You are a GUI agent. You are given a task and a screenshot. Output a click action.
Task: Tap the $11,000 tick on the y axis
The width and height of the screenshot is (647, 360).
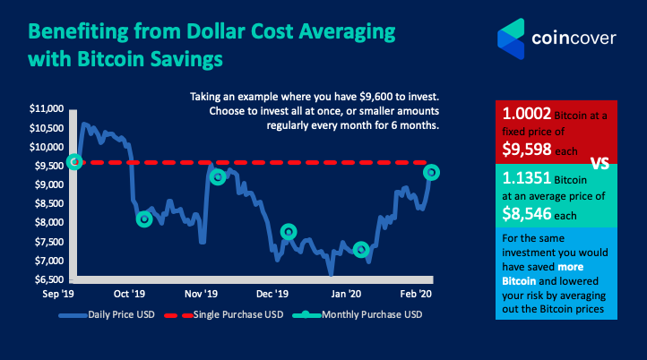(46, 108)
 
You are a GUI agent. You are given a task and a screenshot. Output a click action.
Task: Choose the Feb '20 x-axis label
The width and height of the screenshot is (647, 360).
(416, 293)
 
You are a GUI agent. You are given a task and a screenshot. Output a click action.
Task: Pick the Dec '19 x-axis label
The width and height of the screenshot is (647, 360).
(272, 293)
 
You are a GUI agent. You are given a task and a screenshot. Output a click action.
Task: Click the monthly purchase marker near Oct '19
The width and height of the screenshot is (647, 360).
(144, 219)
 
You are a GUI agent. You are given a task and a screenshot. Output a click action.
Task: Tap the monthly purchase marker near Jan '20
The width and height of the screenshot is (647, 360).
(361, 249)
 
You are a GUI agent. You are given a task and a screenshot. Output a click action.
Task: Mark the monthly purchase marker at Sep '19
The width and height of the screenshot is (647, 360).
(75, 161)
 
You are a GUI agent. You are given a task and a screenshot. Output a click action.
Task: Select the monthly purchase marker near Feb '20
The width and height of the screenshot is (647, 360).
(431, 172)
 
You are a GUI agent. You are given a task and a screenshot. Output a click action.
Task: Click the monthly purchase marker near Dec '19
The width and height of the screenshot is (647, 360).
(288, 232)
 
